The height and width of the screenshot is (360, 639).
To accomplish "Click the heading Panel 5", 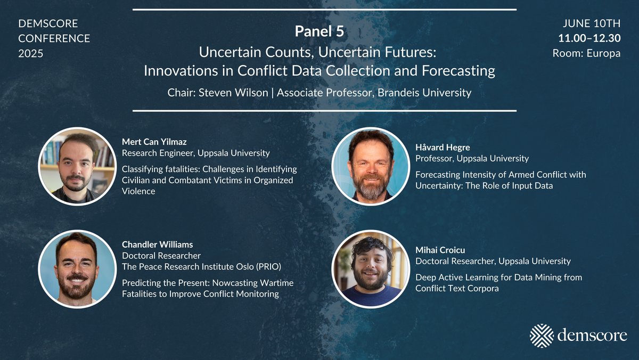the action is coord(319,31).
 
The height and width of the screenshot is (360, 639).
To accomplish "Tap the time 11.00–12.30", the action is coord(589,38).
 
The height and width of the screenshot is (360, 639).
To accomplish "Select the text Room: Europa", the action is coord(586,53).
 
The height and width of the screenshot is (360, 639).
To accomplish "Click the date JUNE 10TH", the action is coord(592,23).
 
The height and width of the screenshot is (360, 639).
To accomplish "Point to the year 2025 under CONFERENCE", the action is coord(31,53).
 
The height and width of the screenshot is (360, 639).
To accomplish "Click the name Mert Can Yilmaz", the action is coord(154,142).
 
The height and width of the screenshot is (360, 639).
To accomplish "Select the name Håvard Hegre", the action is coord(443,148).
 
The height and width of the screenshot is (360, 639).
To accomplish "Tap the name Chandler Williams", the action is coord(158,244).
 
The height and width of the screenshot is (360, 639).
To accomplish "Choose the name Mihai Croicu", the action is coord(440,250).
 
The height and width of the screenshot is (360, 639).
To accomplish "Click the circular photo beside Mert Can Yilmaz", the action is coord(77,167).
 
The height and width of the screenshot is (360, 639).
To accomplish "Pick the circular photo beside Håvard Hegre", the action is coord(371,167).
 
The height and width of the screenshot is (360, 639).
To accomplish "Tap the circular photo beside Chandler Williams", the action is coord(77,269).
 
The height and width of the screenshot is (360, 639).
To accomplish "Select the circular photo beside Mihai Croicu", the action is coord(371,269).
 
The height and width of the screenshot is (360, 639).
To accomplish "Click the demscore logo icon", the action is coord(542,336).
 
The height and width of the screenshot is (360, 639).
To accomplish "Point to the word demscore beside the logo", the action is coord(592,336).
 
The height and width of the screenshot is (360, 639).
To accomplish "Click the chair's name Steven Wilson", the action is coord(233,93).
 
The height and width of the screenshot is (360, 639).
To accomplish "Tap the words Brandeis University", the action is coord(424,93).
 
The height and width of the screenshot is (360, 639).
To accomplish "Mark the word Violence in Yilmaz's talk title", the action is coord(138,191).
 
